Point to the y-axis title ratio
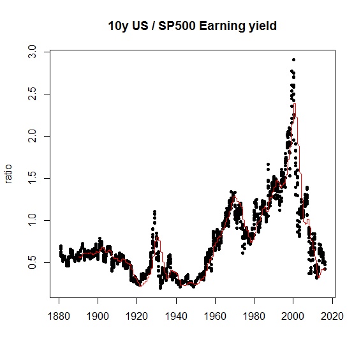click(x=8, y=174)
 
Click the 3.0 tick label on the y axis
click(x=32, y=52)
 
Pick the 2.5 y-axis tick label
click(x=32, y=94)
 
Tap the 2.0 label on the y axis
click(x=32, y=136)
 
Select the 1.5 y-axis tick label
click(x=32, y=178)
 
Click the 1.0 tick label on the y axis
click(x=32, y=220)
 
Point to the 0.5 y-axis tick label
click(x=32, y=262)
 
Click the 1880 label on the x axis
click(x=59, y=316)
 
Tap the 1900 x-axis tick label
click(x=98, y=316)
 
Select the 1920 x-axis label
click(x=136, y=316)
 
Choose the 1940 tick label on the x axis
click(x=176, y=316)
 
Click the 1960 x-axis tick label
click(x=215, y=316)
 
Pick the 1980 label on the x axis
click(x=254, y=316)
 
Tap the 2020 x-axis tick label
click(x=332, y=316)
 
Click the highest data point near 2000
click(x=293, y=60)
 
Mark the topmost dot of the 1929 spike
click(x=155, y=211)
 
